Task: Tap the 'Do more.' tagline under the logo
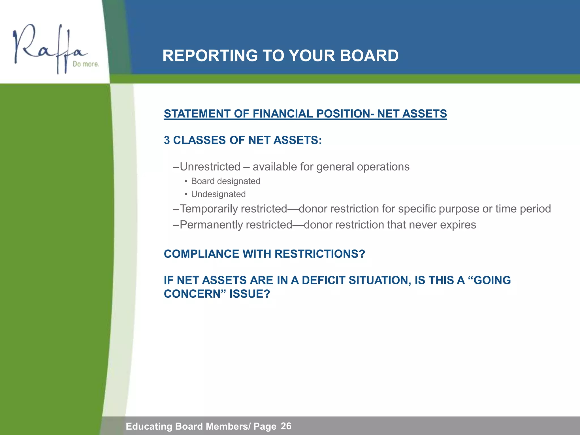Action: [86, 64]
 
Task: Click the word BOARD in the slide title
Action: [369, 56]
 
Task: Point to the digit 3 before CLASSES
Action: [167, 140]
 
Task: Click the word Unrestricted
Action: [210, 167]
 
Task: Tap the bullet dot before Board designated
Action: [186, 181]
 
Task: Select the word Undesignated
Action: [218, 194]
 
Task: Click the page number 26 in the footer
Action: [286, 426]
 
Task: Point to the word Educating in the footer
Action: [149, 426]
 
